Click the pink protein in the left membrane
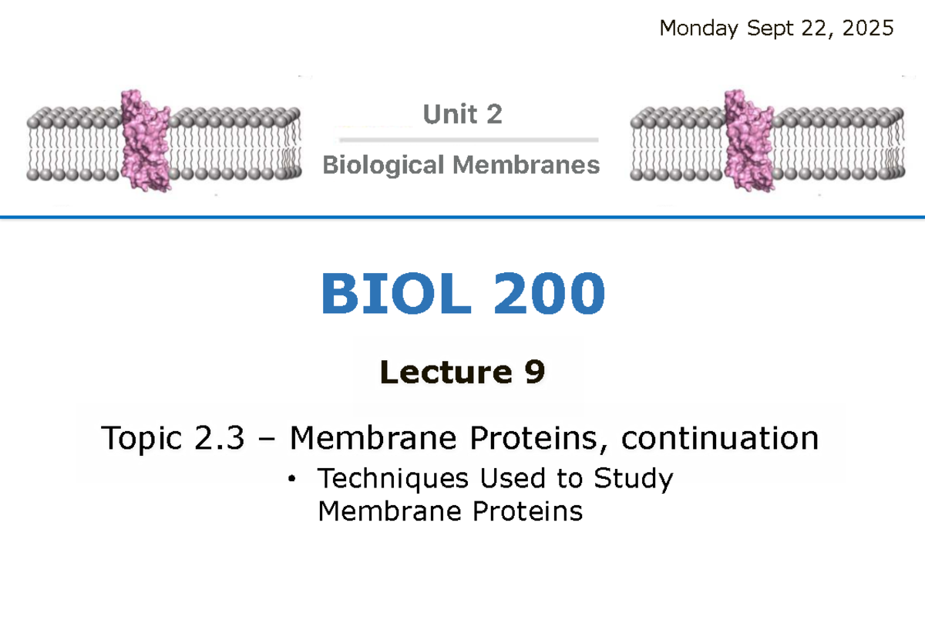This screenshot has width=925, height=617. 146,140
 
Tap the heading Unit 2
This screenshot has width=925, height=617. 462,115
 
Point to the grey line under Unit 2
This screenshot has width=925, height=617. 469,140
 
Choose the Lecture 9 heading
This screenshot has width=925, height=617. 462,373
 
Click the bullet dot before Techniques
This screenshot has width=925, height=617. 291,480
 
